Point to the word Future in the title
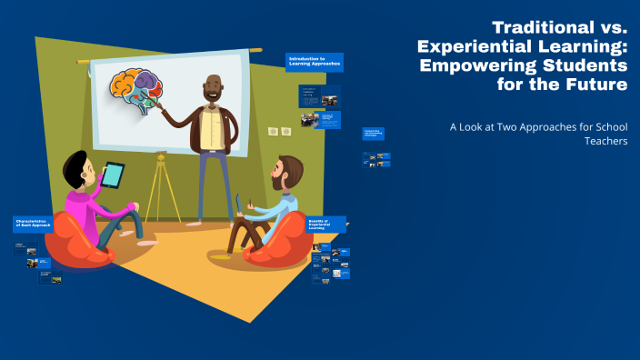(x=593, y=85)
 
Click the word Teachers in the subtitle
(x=606, y=142)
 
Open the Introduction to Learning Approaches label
(x=315, y=60)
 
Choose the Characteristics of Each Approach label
(x=37, y=224)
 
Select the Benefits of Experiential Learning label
(x=328, y=224)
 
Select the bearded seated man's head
(x=289, y=171)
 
